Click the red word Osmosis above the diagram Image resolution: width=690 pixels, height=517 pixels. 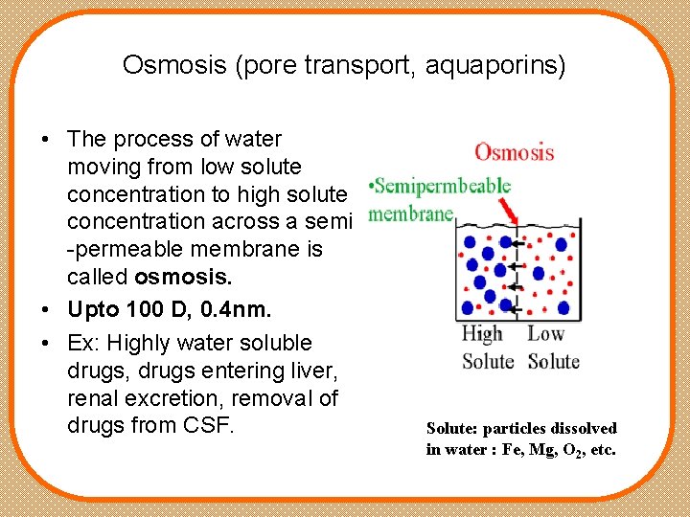[x=514, y=152]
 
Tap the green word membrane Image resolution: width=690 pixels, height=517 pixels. [x=410, y=214]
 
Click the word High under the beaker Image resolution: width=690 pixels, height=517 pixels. [x=481, y=334]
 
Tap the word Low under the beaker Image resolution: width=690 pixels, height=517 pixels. [x=545, y=334]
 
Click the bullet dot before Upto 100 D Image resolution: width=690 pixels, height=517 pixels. [x=46, y=310]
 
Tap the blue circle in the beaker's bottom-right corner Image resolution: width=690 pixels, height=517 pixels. [x=563, y=308]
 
